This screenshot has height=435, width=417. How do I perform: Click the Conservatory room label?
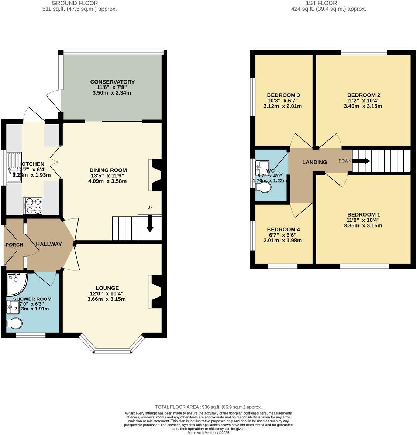(x=112, y=82)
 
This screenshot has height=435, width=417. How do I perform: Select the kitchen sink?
(x=14, y=169)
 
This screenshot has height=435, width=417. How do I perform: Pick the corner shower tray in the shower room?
(x=16, y=283)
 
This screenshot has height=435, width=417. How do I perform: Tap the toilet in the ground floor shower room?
(x=14, y=323)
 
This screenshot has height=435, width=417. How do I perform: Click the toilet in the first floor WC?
(x=263, y=188)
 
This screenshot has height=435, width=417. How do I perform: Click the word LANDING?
(x=314, y=162)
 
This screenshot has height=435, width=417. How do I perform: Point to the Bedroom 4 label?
(x=283, y=230)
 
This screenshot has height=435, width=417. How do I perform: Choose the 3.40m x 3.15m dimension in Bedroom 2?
(x=363, y=106)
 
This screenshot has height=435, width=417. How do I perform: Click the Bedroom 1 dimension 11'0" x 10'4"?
(x=363, y=220)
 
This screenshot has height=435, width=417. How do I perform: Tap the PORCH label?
(x=14, y=245)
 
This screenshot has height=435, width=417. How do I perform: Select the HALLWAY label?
(x=49, y=244)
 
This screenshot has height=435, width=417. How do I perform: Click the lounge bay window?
(x=112, y=349)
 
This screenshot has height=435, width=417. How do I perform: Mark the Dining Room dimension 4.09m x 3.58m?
(x=107, y=181)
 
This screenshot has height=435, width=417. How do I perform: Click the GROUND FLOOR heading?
(x=80, y=3)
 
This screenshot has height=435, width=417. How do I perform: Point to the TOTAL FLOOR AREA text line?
(x=208, y=407)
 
